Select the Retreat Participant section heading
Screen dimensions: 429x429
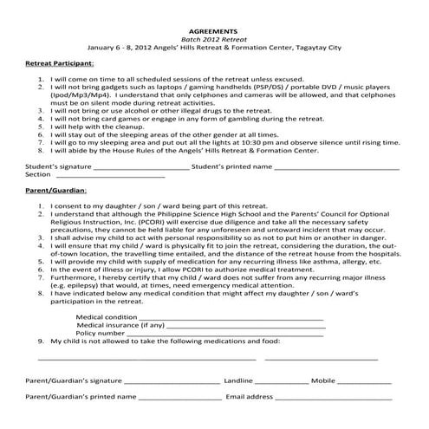pos(59,64)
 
